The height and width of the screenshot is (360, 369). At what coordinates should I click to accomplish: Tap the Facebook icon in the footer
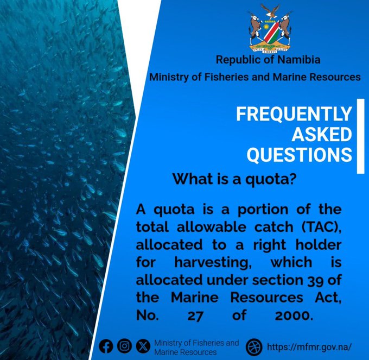click(x=107, y=346)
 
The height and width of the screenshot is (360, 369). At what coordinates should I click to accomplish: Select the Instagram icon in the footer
click(x=125, y=346)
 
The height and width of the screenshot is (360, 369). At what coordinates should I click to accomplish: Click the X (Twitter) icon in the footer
click(x=142, y=346)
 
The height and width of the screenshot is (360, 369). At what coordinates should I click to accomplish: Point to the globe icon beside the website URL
click(x=254, y=346)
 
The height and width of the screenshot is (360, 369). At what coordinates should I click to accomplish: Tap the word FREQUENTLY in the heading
click(x=294, y=115)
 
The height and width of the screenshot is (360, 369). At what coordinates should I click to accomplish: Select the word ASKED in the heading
click(x=322, y=135)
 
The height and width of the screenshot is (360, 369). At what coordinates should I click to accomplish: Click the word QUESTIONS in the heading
click(x=300, y=155)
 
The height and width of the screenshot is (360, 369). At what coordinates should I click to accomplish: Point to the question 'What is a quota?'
click(x=233, y=179)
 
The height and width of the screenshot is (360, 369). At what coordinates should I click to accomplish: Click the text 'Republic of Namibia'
click(x=268, y=60)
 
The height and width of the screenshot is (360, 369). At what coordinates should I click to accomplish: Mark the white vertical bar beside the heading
click(x=360, y=136)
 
